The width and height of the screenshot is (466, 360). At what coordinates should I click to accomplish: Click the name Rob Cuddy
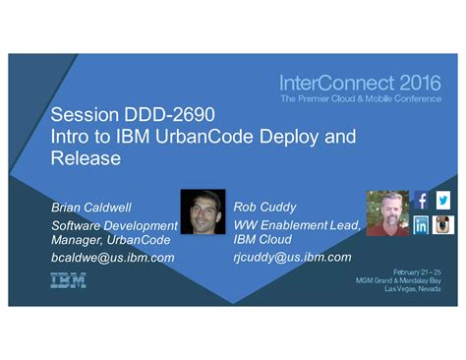pyautogui.click(x=265, y=207)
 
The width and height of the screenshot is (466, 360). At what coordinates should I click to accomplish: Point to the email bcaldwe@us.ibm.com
pyautogui.click(x=112, y=257)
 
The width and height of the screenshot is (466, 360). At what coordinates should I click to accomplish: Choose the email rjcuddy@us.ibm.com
pyautogui.click(x=291, y=257)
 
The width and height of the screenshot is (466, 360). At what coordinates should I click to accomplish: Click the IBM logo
pyautogui.click(x=68, y=280)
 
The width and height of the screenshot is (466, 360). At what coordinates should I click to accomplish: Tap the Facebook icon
pyautogui.click(x=421, y=201)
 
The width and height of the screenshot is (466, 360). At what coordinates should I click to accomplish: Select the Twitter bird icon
pyautogui.click(x=443, y=201)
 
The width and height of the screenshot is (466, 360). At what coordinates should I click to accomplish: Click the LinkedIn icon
pyautogui.click(x=421, y=224)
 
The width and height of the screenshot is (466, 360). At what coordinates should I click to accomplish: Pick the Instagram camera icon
pyautogui.click(x=443, y=224)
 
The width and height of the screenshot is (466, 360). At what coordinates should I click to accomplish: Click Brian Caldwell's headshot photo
pyautogui.click(x=203, y=211)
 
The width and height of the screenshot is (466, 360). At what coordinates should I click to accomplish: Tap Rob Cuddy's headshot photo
pyautogui.click(x=387, y=212)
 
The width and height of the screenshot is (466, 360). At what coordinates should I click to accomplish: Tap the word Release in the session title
pyautogui.click(x=86, y=158)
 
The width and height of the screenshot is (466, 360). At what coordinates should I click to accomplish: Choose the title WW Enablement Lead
pyautogui.click(x=296, y=225)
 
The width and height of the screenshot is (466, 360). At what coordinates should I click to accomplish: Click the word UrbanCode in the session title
pyautogui.click(x=204, y=137)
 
